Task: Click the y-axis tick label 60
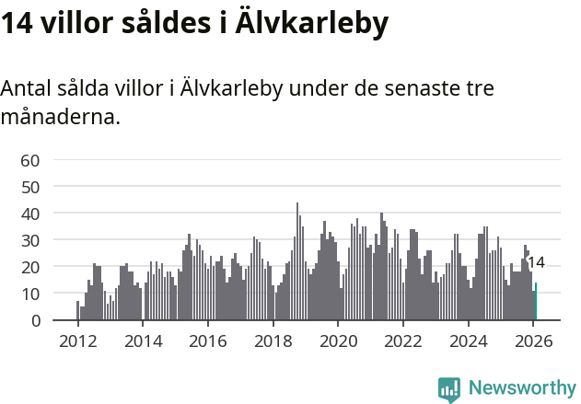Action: [x=29, y=160]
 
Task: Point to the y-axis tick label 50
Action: [x=29, y=187]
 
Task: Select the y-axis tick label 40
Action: [x=29, y=214]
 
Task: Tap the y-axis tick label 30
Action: [x=29, y=240]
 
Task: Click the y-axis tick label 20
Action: [x=29, y=267]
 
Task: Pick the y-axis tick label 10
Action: [x=29, y=294]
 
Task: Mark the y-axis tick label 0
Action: [x=34, y=320]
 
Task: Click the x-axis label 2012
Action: [x=77, y=340]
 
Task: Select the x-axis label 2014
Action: [x=143, y=340]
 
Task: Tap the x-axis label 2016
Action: [x=208, y=340]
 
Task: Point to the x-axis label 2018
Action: [x=273, y=340]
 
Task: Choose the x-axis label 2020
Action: [x=338, y=340]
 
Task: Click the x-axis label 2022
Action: [x=403, y=340]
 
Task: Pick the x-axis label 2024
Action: [x=468, y=340]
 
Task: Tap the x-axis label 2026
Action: [x=533, y=340]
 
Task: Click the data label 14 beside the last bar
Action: [x=536, y=262]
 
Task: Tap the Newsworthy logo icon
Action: [x=448, y=389]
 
